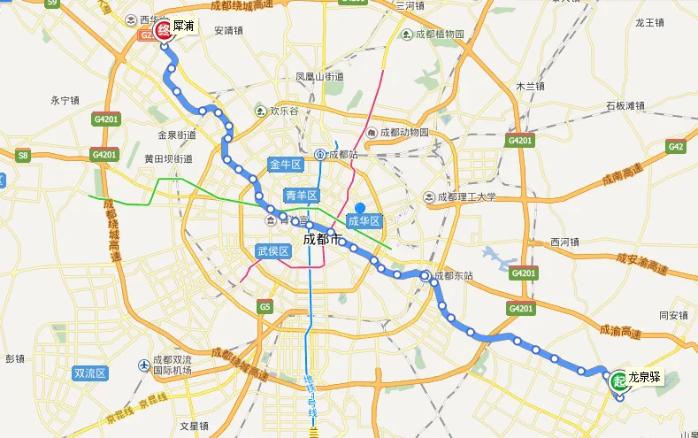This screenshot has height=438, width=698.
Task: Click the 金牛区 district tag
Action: [285, 165]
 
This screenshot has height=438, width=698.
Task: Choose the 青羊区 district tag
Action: [300, 196]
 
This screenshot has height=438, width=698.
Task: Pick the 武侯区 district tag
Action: [273, 251]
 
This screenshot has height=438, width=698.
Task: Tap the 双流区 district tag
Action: [90, 373]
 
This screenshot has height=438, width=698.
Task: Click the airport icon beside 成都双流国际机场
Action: [145, 365]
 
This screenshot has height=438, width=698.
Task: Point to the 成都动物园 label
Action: [403, 133]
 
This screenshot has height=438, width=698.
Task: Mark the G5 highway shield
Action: [265, 306]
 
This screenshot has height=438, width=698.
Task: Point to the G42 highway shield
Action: [676, 147]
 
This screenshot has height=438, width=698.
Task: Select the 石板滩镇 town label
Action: [625, 106]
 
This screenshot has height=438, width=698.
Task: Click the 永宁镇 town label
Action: [65, 101]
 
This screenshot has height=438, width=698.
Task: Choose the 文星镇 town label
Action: [194, 426]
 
